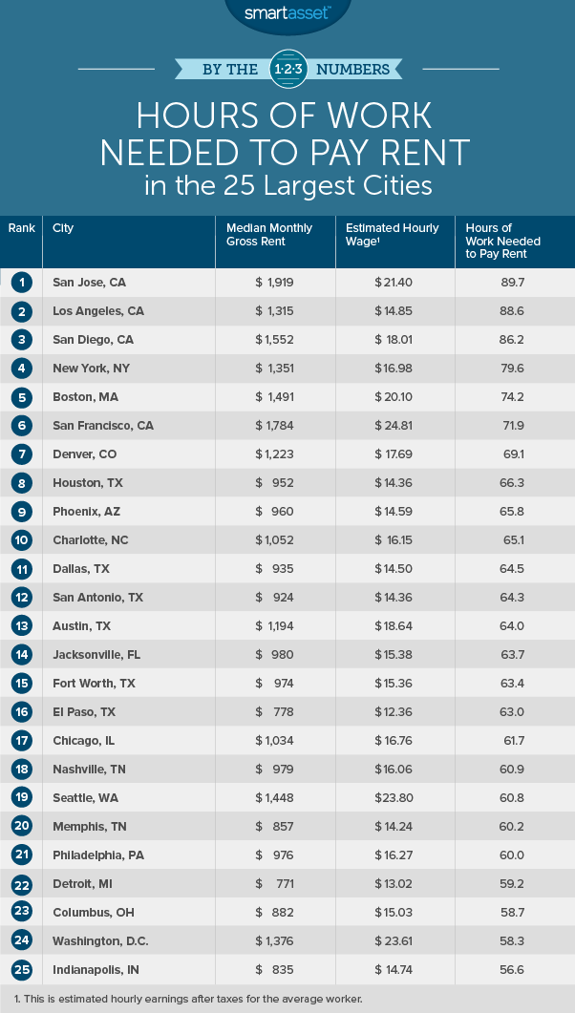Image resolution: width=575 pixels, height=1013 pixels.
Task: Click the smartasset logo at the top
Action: pos(287,12)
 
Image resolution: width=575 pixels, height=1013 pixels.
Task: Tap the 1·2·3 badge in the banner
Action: pos(287,70)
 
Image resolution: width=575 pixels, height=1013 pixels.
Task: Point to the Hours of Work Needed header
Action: pos(503,242)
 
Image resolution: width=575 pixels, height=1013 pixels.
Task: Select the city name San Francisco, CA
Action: pos(104,426)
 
